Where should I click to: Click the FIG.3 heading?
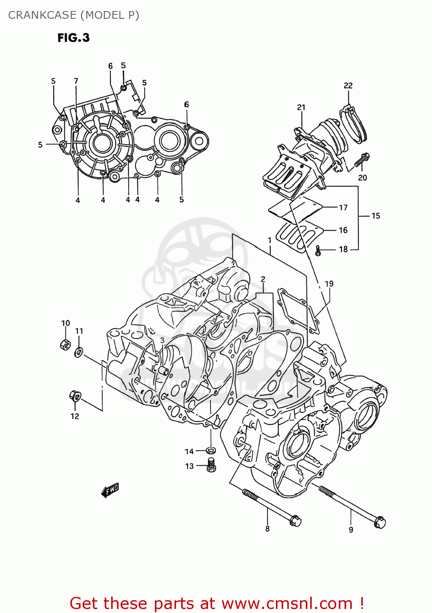pyautogui.click(x=74, y=38)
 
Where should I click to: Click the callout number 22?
pyautogui.click(x=348, y=85)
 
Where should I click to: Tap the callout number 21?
pyautogui.click(x=301, y=107)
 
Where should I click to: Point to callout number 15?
pyautogui.click(x=376, y=216)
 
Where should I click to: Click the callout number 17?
pyautogui.click(x=343, y=208)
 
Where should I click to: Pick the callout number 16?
pyautogui.click(x=343, y=230)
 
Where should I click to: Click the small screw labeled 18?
pyautogui.click(x=318, y=251)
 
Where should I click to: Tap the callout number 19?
pyautogui.click(x=329, y=284)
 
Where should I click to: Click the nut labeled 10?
pyautogui.click(x=65, y=345)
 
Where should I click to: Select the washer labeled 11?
pyautogui.click(x=78, y=351)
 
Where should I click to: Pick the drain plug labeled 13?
pyautogui.click(x=211, y=465)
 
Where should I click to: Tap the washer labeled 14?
pyautogui.click(x=210, y=450)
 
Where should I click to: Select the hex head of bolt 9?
pyautogui.click(x=379, y=522)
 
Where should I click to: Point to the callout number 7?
pyautogui.click(x=76, y=81)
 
